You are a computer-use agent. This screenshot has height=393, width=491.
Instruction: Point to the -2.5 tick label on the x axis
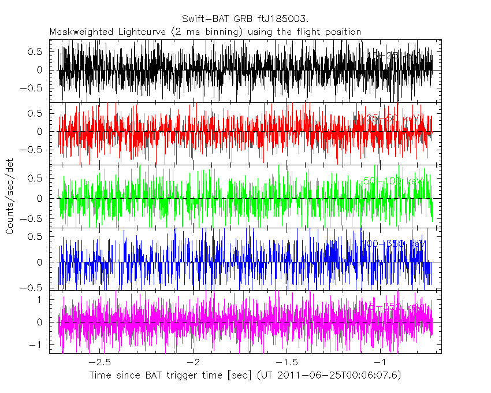[102, 362]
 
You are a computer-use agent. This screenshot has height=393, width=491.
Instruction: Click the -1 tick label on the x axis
[380, 362]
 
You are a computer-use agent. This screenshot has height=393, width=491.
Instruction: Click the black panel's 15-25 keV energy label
[393, 56]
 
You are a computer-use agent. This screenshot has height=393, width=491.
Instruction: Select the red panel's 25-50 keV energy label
[391, 118]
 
